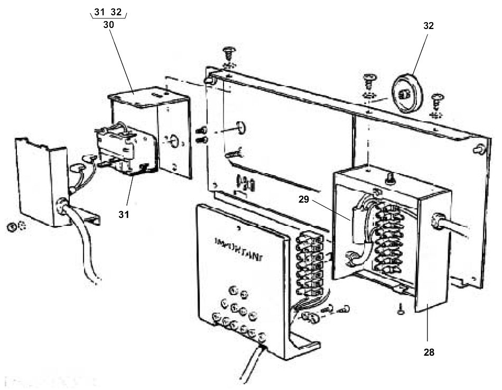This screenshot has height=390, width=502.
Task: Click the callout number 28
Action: tap(429, 352)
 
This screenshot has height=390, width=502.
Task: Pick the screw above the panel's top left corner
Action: tap(229, 53)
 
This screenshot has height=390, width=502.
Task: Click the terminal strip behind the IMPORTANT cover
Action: tap(309, 264)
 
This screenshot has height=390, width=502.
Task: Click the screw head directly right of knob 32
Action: tap(438, 100)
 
